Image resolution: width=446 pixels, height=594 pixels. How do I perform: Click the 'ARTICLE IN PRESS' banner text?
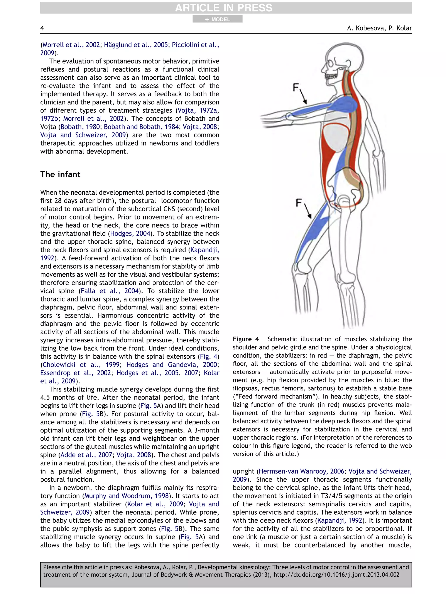pos(223,8)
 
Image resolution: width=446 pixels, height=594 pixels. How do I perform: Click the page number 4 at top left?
pos(42,28)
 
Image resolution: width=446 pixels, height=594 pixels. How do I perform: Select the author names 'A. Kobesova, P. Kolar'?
pos(379,28)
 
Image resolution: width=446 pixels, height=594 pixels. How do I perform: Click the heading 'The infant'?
pos(60,175)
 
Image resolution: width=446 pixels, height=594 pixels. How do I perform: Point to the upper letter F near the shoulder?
pos(296,87)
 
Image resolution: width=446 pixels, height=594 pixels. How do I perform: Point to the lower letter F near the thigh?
pos(299,202)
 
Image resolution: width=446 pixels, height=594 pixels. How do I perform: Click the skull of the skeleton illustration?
pos(341,58)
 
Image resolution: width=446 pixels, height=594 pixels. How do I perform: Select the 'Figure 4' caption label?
pos(246,339)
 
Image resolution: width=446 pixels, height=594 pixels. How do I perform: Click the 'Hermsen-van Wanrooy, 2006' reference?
pos(301,471)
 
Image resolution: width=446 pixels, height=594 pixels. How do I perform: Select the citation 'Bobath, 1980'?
pos(80,127)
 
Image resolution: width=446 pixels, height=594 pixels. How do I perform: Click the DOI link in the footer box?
pos(336,575)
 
